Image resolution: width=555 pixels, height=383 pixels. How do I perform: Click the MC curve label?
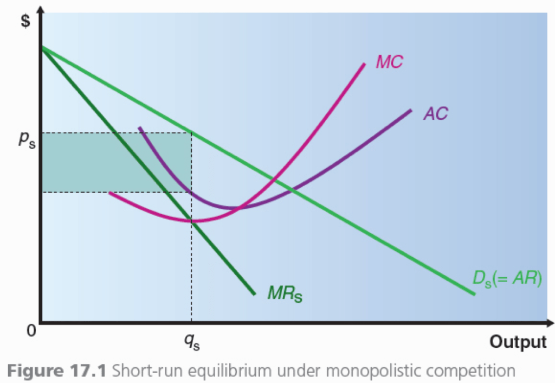tap(389, 62)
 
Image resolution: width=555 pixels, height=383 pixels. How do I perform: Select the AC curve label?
tap(436, 113)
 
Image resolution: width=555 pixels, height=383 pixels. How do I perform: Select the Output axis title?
tap(518, 342)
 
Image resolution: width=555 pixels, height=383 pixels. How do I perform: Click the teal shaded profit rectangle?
tap(116, 162)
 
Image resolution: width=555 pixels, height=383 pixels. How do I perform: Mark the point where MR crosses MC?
tap(191, 220)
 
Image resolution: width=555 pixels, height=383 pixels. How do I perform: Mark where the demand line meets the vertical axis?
tap(42, 48)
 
